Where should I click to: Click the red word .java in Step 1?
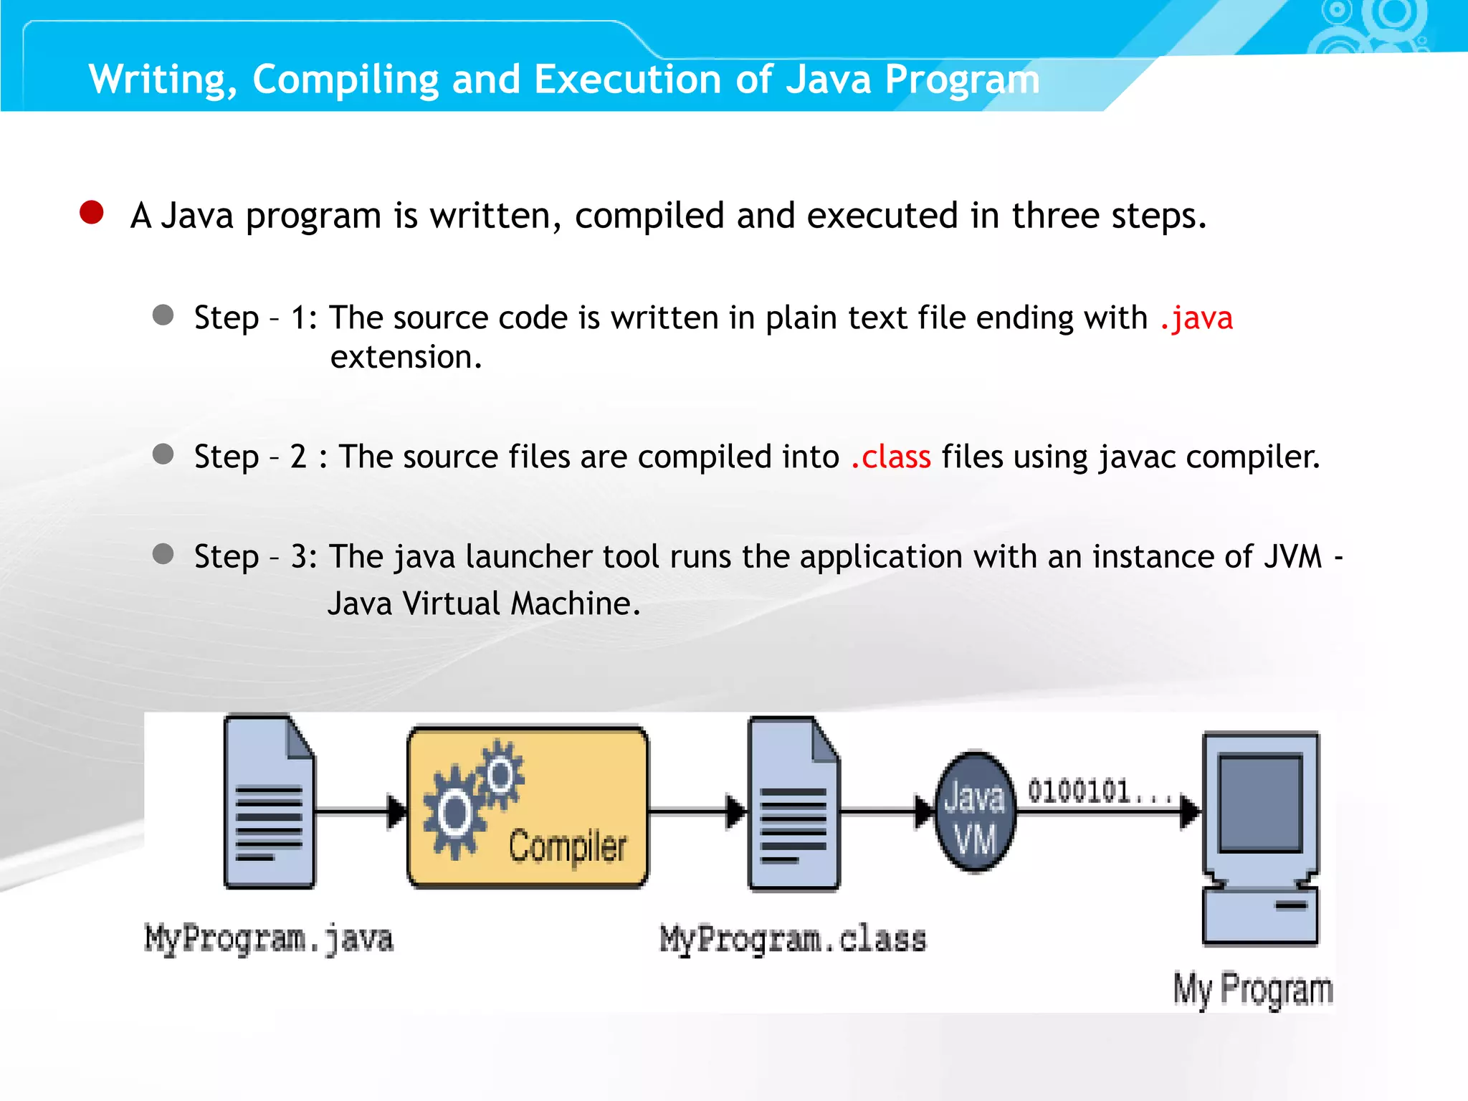click(1196, 318)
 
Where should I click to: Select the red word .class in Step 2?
click(891, 457)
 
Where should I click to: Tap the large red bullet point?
click(92, 213)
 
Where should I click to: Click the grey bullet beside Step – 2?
click(163, 454)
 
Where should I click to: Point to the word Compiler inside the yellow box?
click(568, 847)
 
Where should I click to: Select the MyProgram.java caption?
click(269, 939)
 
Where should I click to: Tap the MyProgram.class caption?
click(793, 939)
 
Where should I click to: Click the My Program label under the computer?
click(1253, 990)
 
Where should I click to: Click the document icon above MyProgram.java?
click(269, 801)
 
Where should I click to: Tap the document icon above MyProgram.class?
click(793, 803)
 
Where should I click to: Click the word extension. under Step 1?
click(406, 357)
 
